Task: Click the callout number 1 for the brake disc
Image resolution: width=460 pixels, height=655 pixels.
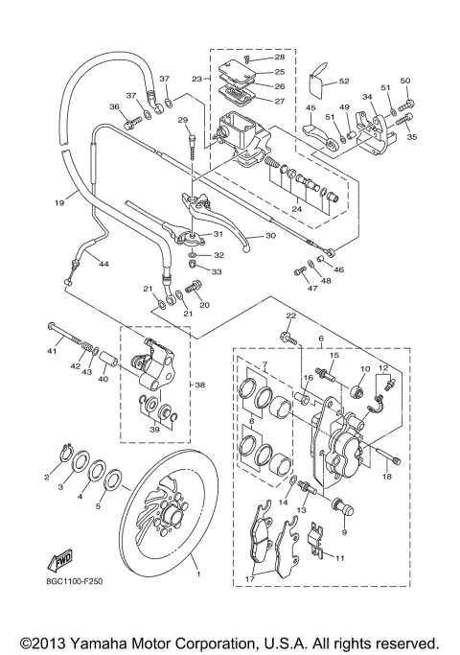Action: (x=198, y=574)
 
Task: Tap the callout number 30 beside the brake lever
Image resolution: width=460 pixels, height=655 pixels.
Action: (x=270, y=236)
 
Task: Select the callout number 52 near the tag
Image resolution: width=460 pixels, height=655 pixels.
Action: (x=343, y=82)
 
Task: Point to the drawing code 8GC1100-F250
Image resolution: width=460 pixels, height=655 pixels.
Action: (x=75, y=581)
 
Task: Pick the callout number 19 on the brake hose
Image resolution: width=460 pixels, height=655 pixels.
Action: (x=58, y=202)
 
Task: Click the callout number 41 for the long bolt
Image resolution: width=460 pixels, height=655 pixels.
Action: (x=52, y=351)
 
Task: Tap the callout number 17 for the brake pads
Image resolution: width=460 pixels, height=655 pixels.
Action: (x=249, y=579)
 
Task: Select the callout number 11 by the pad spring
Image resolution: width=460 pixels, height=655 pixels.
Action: (x=340, y=557)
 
